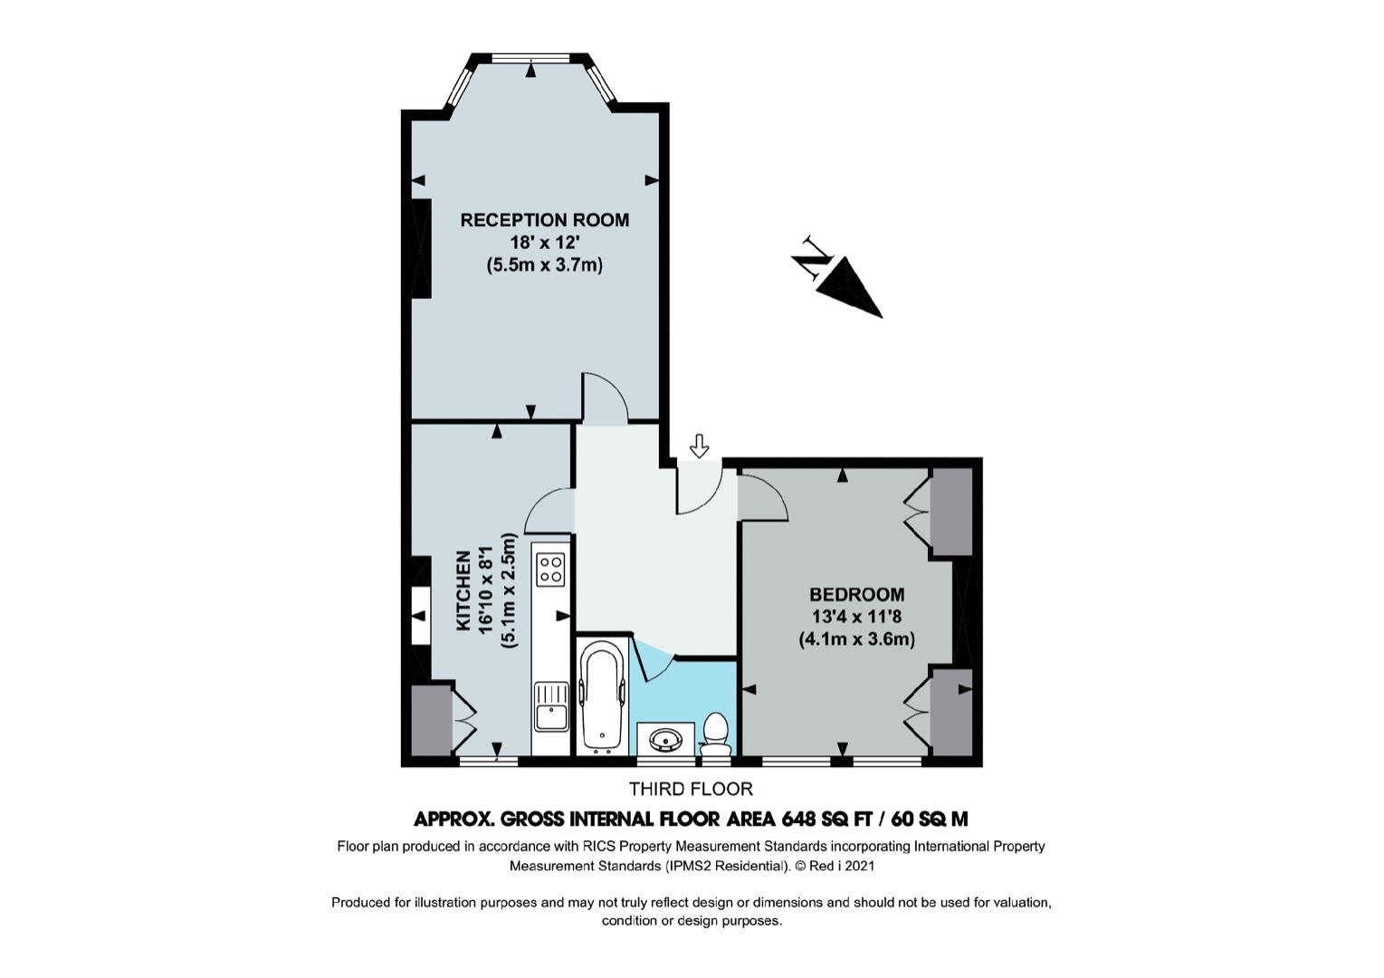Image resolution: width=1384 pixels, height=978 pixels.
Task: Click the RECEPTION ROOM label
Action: [544, 220]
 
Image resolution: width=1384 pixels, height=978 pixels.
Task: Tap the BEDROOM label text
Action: [857, 595]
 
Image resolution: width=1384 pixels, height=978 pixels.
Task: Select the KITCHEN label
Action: [463, 591]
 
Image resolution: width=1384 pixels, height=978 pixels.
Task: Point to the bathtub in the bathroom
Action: [603, 696]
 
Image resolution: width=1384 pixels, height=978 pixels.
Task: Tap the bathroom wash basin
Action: [666, 737]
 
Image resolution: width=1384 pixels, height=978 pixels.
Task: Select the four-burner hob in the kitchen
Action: [550, 570]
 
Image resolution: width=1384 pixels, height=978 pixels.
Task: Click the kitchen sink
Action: [551, 706]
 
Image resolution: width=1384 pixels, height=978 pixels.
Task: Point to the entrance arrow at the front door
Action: [699, 446]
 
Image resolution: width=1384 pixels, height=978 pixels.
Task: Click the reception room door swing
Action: [606, 398]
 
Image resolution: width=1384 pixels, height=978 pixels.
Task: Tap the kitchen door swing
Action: [549, 511]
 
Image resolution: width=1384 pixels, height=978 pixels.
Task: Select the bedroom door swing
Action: [763, 497]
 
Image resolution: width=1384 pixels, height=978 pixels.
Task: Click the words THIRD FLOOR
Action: [691, 790]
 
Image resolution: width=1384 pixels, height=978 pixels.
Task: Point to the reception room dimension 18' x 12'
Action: [544, 243]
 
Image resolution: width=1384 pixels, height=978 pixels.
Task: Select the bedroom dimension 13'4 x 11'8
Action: [857, 617]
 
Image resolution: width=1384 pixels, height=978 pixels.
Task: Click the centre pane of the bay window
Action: [530, 59]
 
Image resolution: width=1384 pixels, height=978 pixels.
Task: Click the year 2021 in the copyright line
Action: [860, 866]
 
